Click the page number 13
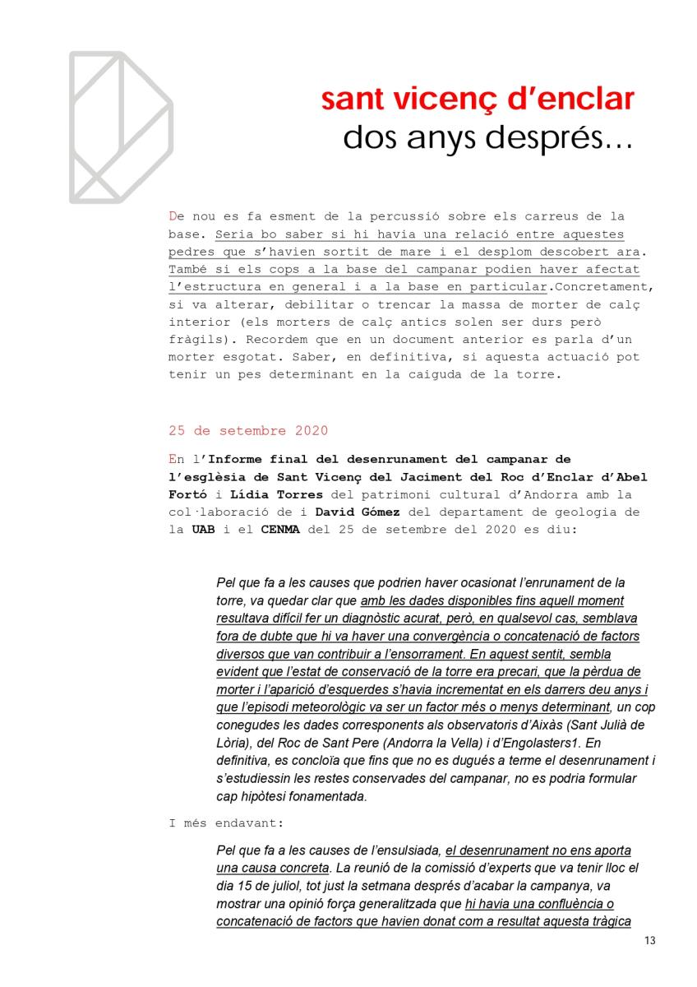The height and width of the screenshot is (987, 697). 651,941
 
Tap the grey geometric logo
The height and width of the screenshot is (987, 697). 120,127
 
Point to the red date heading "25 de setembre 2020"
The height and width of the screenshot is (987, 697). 248,430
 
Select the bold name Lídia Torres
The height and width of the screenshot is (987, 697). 268,495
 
